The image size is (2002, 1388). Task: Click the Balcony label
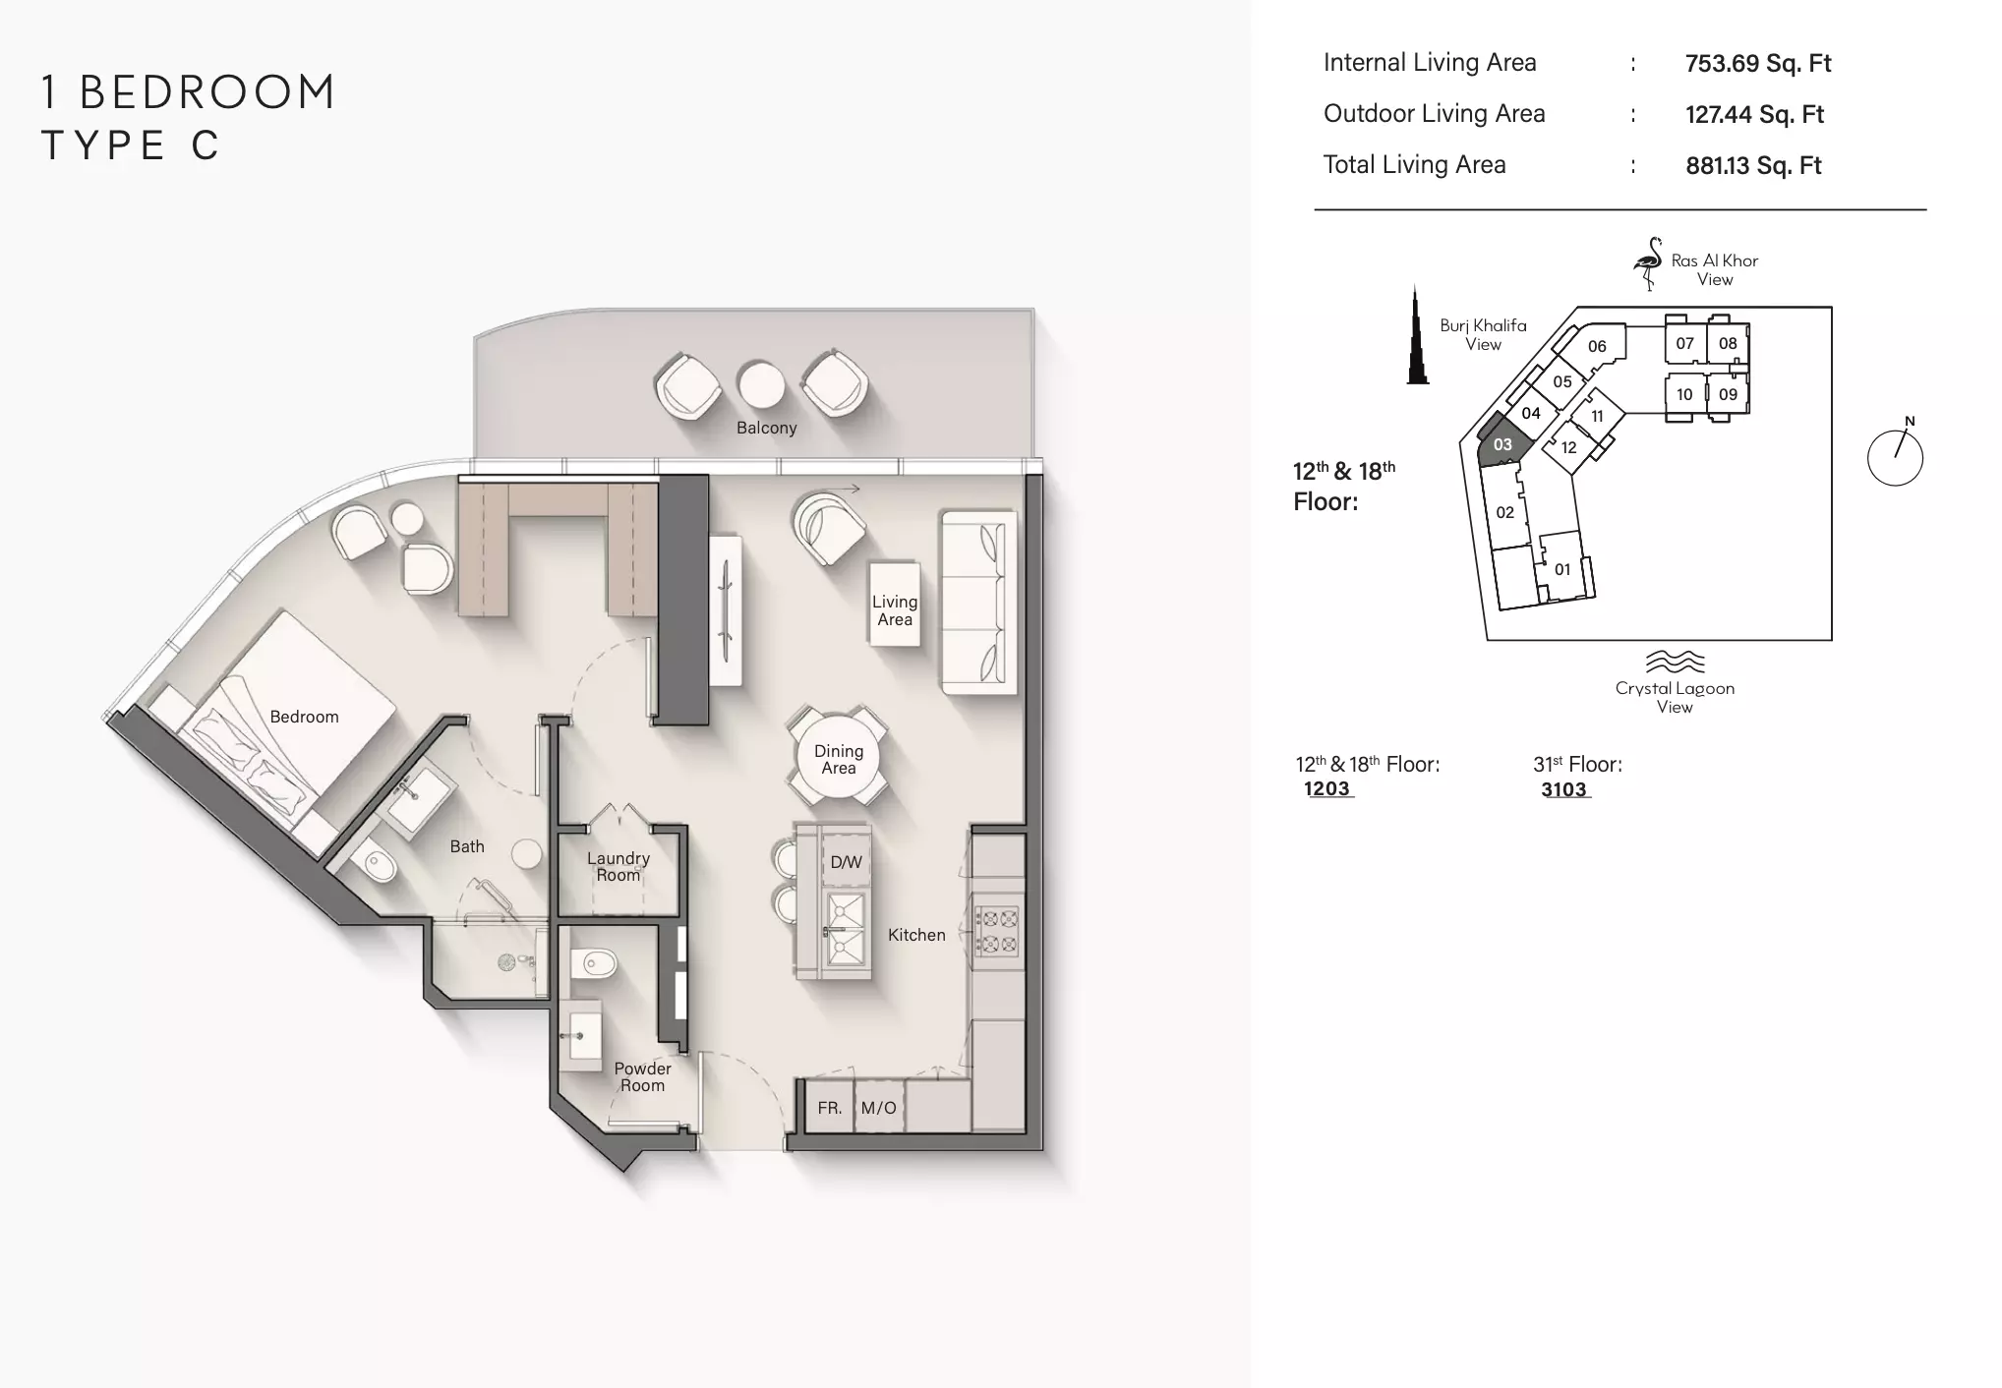[766, 428]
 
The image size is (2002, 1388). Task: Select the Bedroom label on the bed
[304, 717]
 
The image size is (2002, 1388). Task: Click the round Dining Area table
[838, 758]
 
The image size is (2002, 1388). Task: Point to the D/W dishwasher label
[846, 862]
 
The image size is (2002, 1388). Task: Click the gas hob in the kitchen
[996, 932]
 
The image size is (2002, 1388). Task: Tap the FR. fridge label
[830, 1108]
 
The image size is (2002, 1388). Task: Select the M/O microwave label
[878, 1108]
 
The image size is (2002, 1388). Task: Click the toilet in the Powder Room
[593, 962]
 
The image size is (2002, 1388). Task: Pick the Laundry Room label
[618, 866]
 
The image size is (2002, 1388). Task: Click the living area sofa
[977, 601]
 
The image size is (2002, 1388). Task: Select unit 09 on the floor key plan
[1728, 394]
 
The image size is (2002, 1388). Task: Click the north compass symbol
[1895, 457]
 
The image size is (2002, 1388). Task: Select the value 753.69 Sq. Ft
[1758, 64]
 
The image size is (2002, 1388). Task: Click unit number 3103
[1563, 789]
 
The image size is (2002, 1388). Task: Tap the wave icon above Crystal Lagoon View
[1675, 661]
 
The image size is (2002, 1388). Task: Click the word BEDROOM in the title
[207, 92]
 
